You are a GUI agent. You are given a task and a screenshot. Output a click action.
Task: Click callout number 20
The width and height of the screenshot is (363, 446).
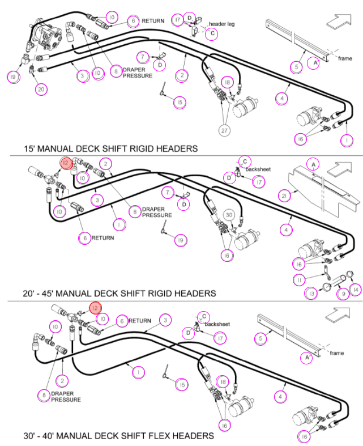pyautogui.click(x=41, y=90)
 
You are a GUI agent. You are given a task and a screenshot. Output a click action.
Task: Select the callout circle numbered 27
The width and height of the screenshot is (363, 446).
pyautogui.click(x=224, y=130)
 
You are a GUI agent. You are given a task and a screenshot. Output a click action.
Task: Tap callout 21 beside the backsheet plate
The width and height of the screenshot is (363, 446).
pyautogui.click(x=284, y=196)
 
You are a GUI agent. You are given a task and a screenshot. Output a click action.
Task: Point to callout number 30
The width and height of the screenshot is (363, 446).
pyautogui.click(x=229, y=215)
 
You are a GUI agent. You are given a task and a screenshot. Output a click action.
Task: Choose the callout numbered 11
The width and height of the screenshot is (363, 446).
pyautogui.click(x=300, y=280)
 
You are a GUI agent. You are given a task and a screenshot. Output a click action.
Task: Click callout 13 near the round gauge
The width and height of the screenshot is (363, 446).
pyautogui.click(x=311, y=294)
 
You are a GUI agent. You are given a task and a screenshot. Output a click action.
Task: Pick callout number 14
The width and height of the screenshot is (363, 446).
pyautogui.click(x=356, y=290)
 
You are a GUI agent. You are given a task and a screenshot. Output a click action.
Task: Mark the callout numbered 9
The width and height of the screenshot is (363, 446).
pyautogui.click(x=343, y=294)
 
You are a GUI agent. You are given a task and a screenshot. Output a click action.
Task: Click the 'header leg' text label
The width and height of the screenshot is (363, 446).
pyautogui.click(x=222, y=24)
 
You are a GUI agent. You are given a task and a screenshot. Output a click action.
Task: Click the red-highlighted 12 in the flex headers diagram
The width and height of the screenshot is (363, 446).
pyautogui.click(x=95, y=308)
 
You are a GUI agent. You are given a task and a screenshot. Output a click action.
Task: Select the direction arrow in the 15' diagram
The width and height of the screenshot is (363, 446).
pyautogui.click(x=339, y=22)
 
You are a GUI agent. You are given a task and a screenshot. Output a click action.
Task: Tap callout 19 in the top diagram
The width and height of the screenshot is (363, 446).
pyautogui.click(x=13, y=77)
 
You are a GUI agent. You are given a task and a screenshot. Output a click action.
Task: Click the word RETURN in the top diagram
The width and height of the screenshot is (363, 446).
pyautogui.click(x=153, y=21)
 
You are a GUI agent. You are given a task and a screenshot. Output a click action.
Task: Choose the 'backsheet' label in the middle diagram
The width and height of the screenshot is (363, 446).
pyautogui.click(x=258, y=169)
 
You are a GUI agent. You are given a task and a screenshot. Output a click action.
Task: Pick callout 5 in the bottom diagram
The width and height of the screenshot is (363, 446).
pyautogui.click(x=260, y=338)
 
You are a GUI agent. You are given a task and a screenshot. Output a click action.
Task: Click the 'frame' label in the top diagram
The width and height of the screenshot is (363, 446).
pyautogui.click(x=345, y=58)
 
